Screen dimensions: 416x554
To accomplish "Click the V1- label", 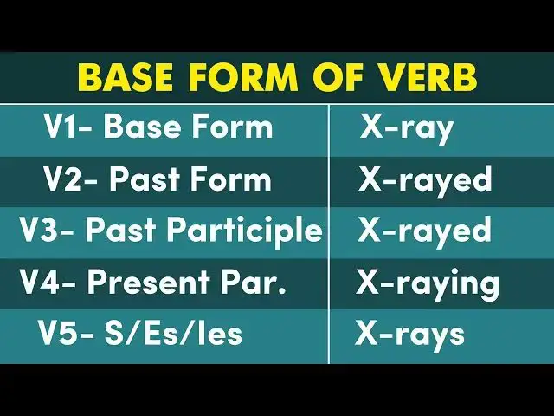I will tap(68, 127).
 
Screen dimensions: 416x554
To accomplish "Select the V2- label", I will tap(71, 179).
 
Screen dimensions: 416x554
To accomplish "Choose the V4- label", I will tap(48, 283).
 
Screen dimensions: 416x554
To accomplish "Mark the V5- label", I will tap(63, 334).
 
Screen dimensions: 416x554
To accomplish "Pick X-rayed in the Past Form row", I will tap(425, 180).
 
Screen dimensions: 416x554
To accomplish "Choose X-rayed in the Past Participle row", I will tap(425, 231).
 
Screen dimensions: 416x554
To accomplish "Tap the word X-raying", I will tap(428, 283).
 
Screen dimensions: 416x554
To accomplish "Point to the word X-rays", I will tap(409, 334).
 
